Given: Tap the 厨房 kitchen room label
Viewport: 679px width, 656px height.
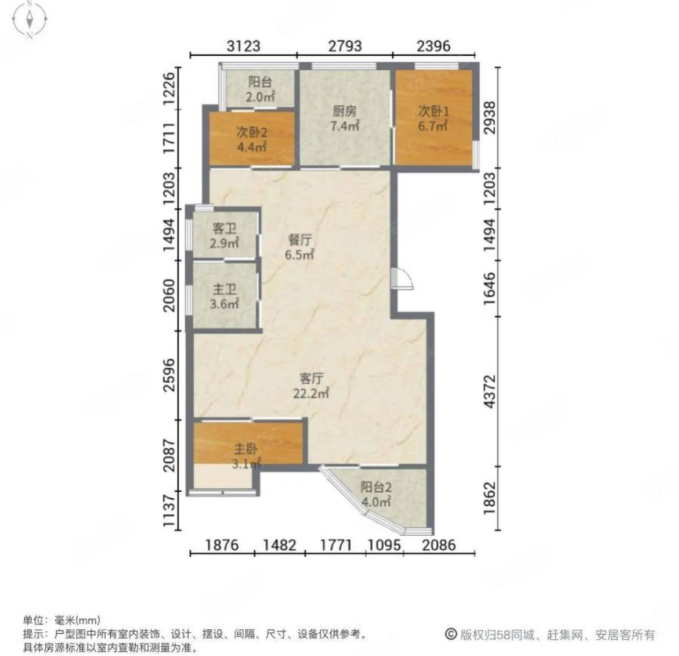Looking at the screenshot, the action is coord(345,111).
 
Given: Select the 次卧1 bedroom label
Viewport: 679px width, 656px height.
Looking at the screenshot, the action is coord(434,111).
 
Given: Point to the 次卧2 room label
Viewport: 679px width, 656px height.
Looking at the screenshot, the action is coord(252,132).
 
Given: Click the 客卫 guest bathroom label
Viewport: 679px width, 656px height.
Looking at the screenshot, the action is coord(225,228).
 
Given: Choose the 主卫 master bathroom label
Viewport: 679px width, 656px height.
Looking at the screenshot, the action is coord(225,290).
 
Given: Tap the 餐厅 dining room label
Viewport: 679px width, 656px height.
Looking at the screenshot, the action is coord(299,240).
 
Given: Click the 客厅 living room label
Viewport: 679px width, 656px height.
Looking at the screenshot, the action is coord(311,379).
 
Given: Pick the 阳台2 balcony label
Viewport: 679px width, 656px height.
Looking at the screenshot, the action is coord(376,487).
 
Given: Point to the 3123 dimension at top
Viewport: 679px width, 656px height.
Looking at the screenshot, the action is coord(244,45).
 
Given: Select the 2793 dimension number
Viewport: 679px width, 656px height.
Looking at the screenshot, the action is coord(345,45).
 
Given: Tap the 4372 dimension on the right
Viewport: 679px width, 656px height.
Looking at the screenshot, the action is coord(489,392).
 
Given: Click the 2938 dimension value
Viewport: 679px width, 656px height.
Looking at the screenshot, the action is coord(489,118).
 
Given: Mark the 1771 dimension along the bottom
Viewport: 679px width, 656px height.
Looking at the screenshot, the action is coord(335,545).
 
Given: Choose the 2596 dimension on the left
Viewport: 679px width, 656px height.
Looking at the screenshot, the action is coord(169,375).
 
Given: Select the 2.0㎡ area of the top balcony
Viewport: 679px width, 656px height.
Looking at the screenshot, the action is coord(260,97).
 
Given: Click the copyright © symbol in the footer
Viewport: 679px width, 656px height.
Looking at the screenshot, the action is coord(451,635).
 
